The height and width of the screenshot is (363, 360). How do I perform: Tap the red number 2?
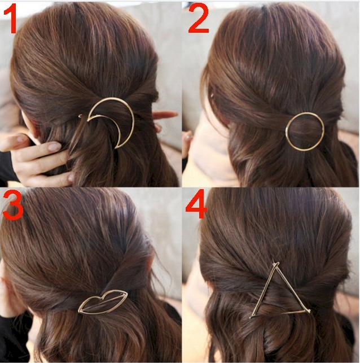tap(199, 19)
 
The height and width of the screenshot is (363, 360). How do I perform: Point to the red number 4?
tap(196, 204)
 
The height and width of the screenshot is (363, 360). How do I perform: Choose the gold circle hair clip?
tap(287, 132)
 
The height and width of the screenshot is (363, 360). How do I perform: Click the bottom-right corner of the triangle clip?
tap(309, 311)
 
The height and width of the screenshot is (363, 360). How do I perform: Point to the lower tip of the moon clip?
tap(116, 147)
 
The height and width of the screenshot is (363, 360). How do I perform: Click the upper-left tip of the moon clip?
tap(88, 120)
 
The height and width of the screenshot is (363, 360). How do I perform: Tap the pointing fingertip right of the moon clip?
tap(175, 113)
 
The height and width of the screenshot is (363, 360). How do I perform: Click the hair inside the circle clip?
tap(305, 132)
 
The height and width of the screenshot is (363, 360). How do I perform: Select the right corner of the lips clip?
tap(128, 293)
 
